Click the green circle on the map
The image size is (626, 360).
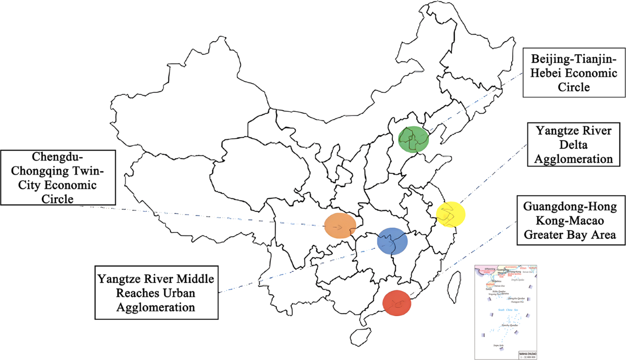(x=413, y=138)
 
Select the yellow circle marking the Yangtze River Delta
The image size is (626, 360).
(x=450, y=213)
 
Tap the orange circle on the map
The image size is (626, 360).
(x=340, y=226)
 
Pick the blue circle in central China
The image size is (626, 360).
(x=392, y=241)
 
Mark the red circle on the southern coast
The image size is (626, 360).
(x=397, y=302)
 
